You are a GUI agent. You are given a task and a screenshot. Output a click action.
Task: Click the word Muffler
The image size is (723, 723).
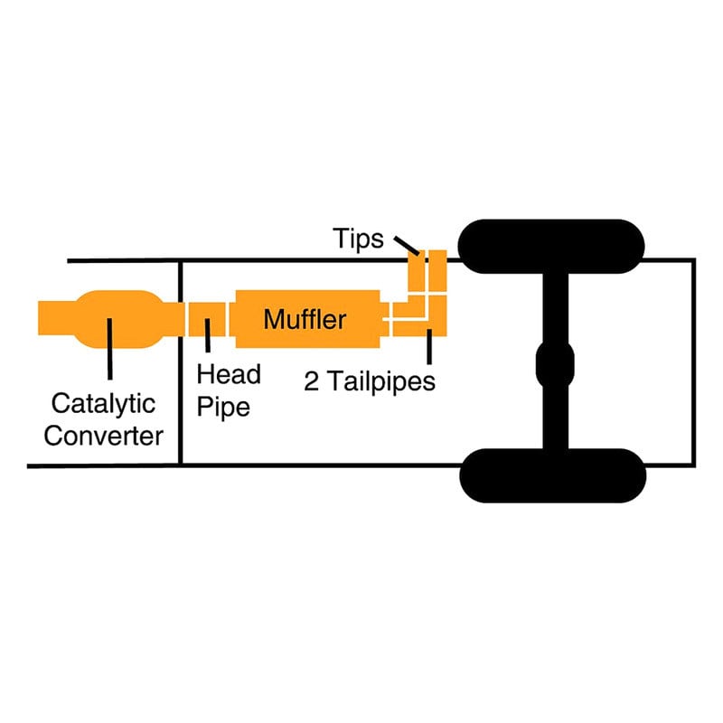(x=305, y=319)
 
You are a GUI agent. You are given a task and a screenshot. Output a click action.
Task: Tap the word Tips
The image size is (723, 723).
(x=358, y=239)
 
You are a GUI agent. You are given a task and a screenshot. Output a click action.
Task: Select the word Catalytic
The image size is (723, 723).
(x=103, y=404)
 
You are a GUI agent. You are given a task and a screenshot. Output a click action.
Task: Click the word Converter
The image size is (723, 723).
(x=103, y=436)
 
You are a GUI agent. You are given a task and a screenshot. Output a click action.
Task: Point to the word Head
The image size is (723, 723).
(x=229, y=374)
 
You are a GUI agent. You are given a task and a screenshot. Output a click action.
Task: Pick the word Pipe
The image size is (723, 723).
(x=223, y=408)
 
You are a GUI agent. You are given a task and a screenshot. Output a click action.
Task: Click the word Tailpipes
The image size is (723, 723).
(x=381, y=381)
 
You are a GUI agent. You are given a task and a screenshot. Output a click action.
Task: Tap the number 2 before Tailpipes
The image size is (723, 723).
(x=311, y=381)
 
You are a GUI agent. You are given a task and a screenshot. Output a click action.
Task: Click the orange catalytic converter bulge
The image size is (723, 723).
(x=119, y=319)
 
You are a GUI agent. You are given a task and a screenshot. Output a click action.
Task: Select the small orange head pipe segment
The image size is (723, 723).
(x=207, y=319)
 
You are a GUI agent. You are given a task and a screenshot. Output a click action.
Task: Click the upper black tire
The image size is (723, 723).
(x=551, y=246)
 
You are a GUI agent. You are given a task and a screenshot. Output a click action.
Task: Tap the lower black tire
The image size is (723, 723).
(x=553, y=475)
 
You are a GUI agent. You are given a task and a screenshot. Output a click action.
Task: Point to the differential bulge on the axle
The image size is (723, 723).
(x=555, y=364)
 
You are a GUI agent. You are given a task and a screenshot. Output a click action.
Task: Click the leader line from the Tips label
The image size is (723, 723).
(x=407, y=245)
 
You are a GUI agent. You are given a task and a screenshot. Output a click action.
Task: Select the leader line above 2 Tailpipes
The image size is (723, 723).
(x=429, y=346)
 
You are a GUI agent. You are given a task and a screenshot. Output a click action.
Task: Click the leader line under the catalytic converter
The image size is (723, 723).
(x=109, y=349)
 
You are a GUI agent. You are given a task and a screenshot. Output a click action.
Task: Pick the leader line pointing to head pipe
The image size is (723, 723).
(x=208, y=335)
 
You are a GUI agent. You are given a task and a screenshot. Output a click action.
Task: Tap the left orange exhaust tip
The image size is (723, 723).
(x=417, y=270)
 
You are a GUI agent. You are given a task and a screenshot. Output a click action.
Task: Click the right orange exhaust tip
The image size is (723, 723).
(x=438, y=270)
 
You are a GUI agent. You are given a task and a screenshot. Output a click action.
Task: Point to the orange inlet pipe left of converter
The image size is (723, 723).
(x=56, y=318)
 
